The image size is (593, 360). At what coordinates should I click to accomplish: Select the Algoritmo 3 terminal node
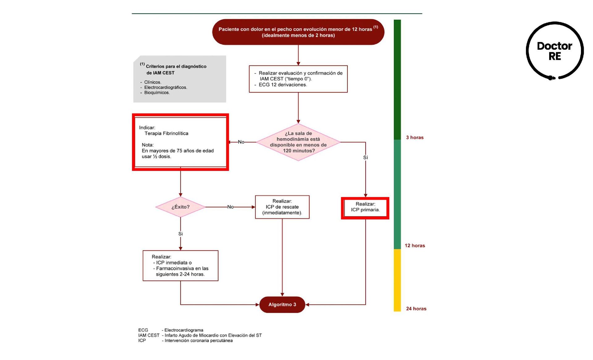pos(282,305)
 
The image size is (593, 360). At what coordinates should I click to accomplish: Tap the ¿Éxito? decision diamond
pos(180,207)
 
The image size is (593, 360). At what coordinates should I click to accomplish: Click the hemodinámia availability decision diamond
pos(298,142)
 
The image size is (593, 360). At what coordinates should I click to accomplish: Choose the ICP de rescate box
pos(282,207)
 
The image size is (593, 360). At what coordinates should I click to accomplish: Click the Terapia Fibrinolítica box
pos(180,142)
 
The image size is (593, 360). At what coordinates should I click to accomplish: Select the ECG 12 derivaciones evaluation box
pos(298,79)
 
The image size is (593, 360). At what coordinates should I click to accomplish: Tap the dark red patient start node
pos(298,32)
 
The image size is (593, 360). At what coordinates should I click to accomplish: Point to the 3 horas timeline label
pos(414,137)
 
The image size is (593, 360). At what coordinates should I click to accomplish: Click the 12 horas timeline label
pos(414,245)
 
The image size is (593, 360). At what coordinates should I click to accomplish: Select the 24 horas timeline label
pos(416,308)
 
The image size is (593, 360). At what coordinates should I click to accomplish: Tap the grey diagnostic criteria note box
pos(179,79)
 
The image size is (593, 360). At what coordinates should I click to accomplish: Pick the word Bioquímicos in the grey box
pos(157,93)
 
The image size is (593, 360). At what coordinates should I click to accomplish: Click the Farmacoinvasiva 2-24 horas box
pos(180,266)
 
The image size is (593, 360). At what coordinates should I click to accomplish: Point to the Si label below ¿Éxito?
pos(180,234)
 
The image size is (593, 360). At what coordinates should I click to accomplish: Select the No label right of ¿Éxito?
pos(230,207)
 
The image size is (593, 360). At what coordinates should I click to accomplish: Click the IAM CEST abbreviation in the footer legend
pos(149,335)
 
